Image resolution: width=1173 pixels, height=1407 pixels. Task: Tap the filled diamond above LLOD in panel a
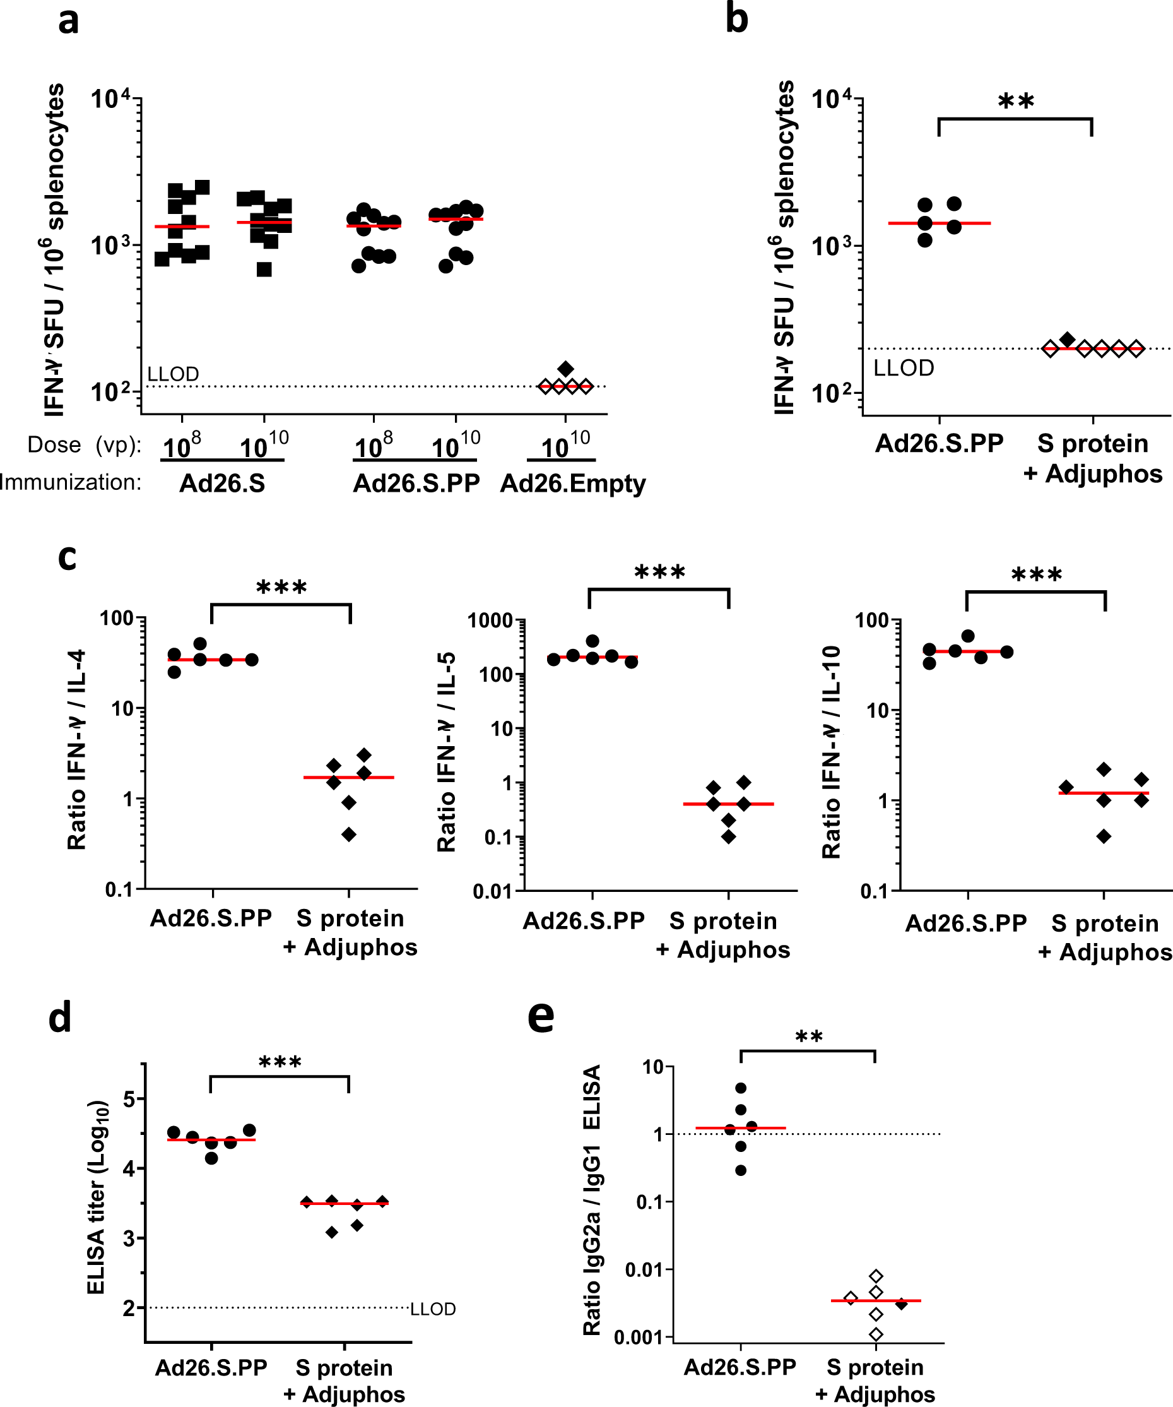coord(565,369)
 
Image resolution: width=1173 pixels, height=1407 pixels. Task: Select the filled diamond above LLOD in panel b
coord(1068,339)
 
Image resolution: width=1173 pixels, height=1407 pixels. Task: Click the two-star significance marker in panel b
coord(1016,102)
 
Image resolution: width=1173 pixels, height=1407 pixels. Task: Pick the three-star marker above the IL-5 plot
coord(659,573)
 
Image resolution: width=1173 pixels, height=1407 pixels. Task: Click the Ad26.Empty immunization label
coord(573,483)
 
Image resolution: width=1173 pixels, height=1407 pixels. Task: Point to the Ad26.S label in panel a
coord(221,483)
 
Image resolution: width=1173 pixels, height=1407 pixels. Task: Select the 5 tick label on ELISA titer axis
coord(130,1099)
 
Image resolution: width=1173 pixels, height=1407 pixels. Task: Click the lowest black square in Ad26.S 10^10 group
coord(264,270)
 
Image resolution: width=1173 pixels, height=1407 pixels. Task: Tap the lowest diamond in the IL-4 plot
coord(349,834)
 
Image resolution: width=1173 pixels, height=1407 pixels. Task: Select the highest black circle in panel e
coord(741,1088)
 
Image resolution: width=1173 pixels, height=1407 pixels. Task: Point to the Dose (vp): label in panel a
coord(85,445)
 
